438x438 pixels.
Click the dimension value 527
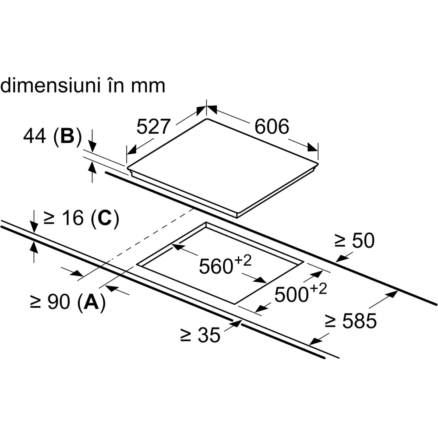pos(153,127)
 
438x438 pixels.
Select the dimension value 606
pos(272,127)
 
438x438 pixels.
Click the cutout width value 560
pos(215,266)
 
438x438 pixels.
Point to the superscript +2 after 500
pos(318,289)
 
